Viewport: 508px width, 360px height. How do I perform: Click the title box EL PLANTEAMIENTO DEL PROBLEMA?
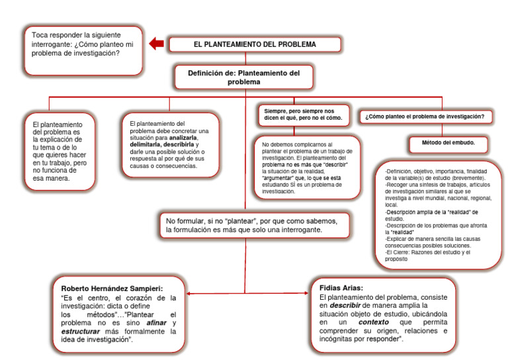255,44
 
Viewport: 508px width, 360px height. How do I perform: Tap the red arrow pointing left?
156,44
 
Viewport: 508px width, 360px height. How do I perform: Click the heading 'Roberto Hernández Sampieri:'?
112,289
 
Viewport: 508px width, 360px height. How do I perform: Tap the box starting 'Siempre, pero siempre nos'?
304,114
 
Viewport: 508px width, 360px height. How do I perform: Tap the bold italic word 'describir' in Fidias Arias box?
344,306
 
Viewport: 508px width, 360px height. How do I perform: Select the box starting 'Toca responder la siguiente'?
82,49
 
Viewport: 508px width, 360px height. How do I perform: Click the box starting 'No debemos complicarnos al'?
308,167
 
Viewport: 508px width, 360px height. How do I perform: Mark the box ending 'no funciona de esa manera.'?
58,151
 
